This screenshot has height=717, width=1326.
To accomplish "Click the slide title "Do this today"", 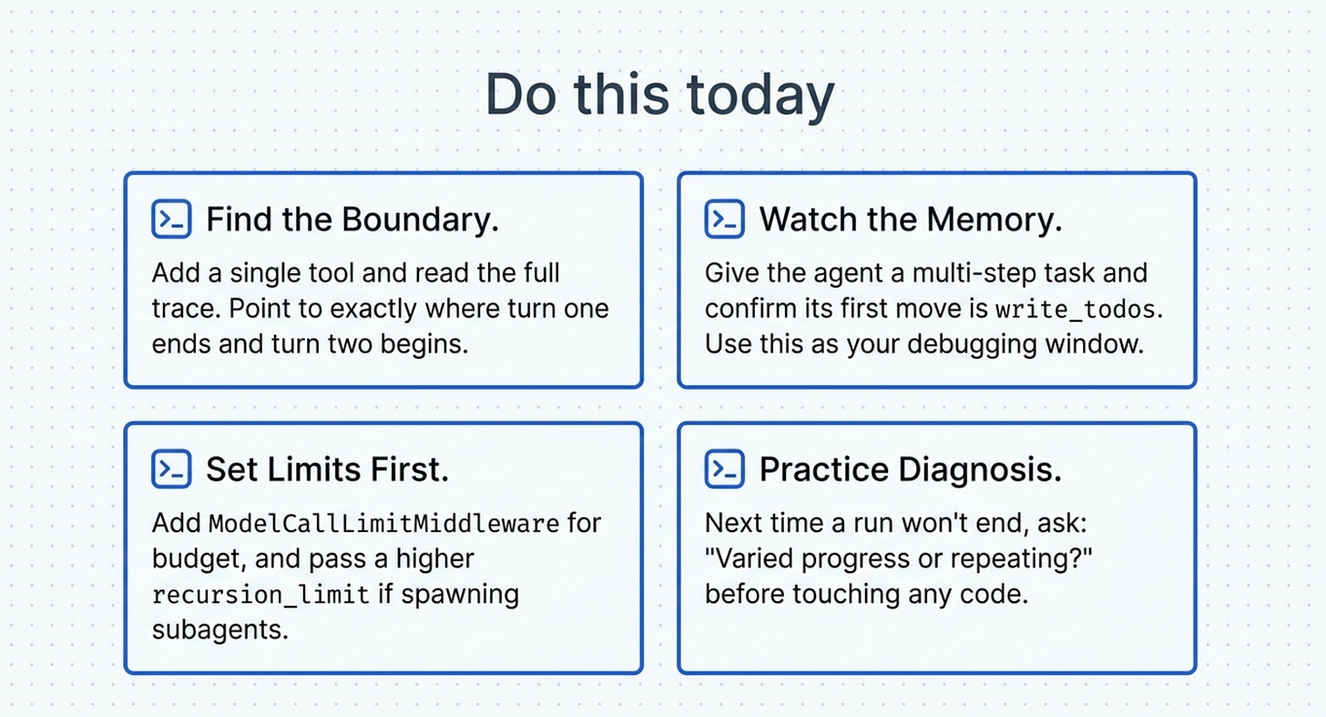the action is [x=659, y=95].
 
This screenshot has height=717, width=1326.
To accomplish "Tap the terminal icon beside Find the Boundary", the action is [x=171, y=219].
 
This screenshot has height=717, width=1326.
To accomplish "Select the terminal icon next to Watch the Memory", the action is [x=725, y=219].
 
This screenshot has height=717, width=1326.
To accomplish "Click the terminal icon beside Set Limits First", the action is [x=171, y=469].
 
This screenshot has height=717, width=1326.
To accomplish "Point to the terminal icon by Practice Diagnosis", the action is [x=725, y=469].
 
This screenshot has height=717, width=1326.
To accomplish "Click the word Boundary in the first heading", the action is [x=421, y=220].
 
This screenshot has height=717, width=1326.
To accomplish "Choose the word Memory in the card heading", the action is [x=994, y=220].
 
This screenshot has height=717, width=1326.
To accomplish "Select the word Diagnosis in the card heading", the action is [x=980, y=469].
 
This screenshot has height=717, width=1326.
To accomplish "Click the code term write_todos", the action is [x=1076, y=310].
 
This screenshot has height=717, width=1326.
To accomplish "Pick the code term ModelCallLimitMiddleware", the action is [x=384, y=524].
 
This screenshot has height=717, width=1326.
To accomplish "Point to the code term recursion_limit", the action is [x=261, y=595].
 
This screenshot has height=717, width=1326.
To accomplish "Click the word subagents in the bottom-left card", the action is [x=220, y=630].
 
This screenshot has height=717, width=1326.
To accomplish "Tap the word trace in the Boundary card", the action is [x=186, y=309].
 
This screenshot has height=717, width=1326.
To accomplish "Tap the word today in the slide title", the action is [x=760, y=96].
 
